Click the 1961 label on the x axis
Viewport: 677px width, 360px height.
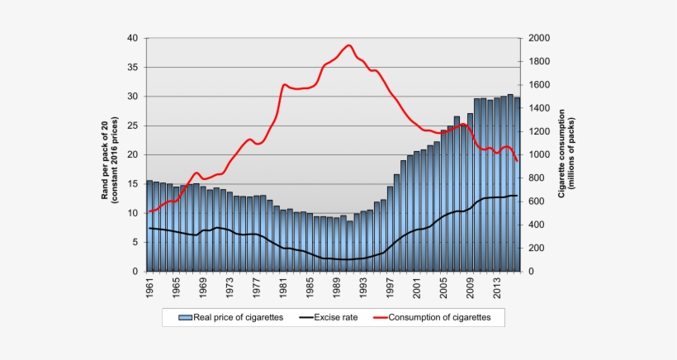pos(150,291)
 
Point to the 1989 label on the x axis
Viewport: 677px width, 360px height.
pos(337,291)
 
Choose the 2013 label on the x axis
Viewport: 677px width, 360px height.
pos(497,291)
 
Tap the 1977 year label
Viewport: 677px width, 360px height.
pos(257,291)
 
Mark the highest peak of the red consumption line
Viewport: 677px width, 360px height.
pos(348,45)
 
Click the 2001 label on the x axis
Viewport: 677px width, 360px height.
pos(417,291)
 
